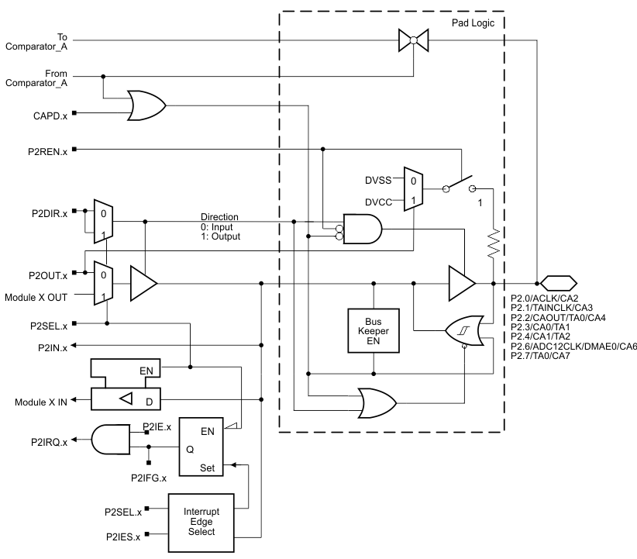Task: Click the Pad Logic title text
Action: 473,23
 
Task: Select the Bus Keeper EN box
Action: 374,331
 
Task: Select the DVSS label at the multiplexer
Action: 379,179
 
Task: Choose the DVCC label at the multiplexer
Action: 379,202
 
